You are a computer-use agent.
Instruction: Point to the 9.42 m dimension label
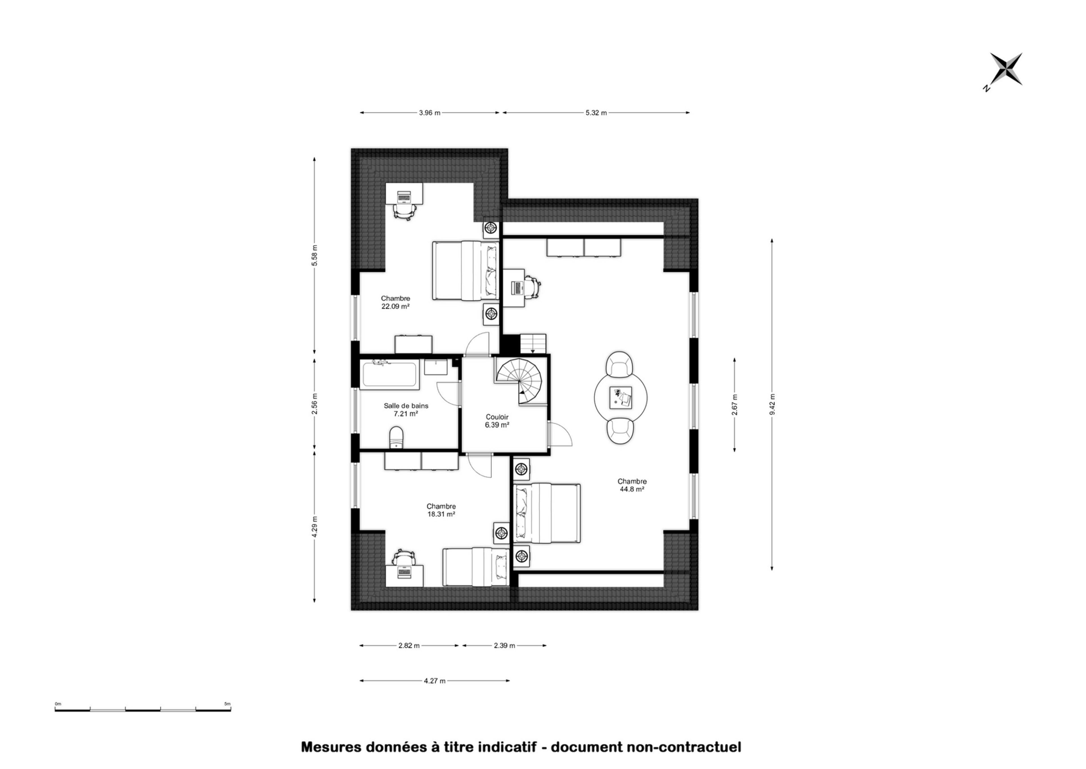coord(772,404)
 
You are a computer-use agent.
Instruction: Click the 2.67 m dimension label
coord(734,405)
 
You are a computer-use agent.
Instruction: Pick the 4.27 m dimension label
coord(434,681)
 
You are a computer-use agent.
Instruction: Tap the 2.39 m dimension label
coord(505,645)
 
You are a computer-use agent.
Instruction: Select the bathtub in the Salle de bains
coord(389,374)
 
